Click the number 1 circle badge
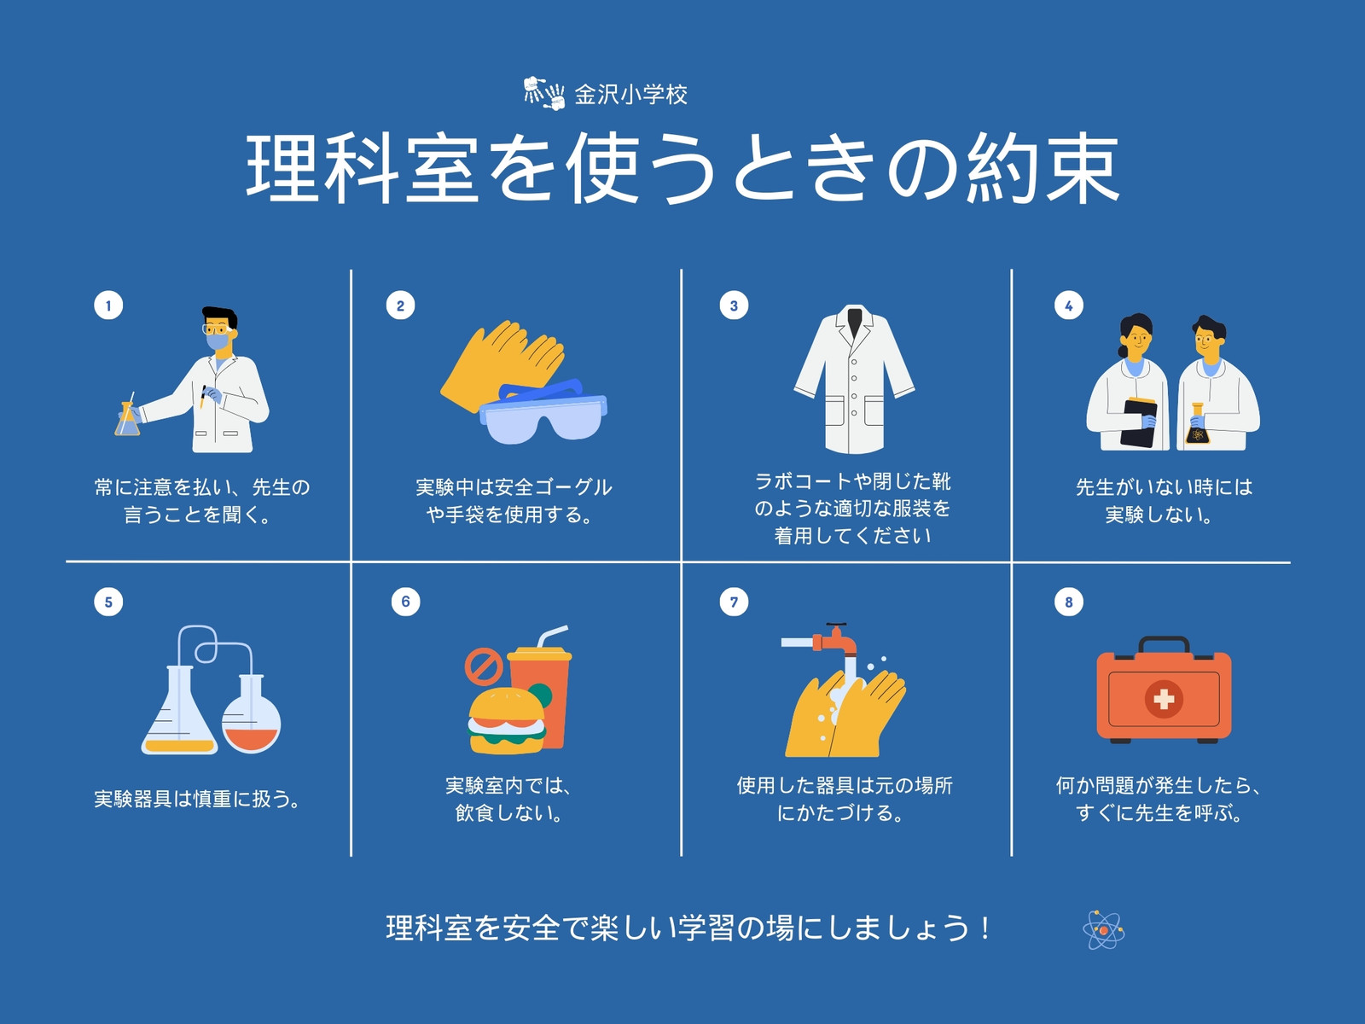pos(108,305)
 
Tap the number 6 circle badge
pos(405,602)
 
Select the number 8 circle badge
pos(1068,602)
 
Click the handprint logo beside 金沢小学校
pos(543,94)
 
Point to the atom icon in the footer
pos(1104,930)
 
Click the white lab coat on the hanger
pos(855,379)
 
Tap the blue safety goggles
pos(543,411)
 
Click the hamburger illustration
pos(507,720)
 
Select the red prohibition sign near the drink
pos(484,666)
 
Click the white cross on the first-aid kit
pos(1164,700)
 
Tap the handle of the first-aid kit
pos(1164,643)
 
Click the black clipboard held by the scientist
pos(1139,423)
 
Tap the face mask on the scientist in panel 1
pos(217,341)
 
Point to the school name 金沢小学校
pos(630,95)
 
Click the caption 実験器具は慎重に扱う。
pos(197,799)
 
